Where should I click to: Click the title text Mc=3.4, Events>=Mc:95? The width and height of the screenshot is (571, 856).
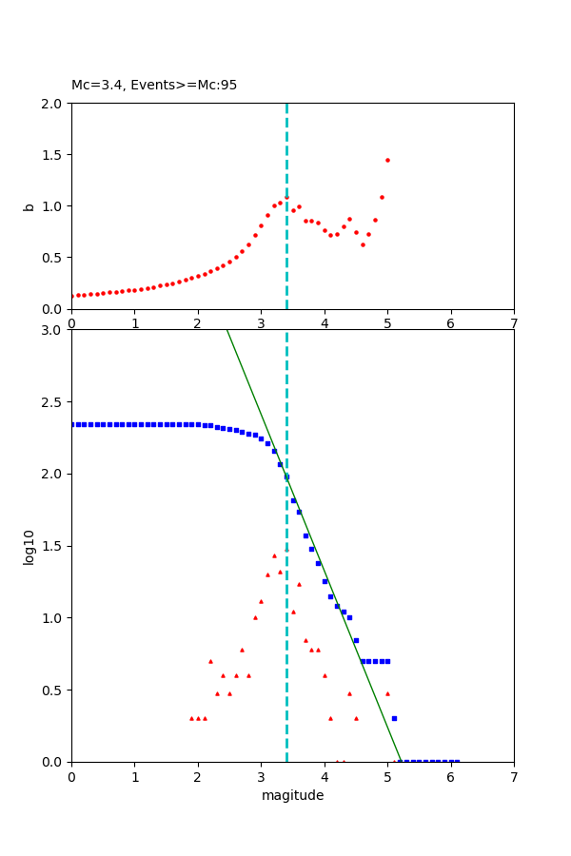point(154,86)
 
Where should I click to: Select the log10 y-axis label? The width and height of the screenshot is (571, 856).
point(30,547)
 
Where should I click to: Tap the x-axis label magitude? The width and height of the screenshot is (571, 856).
point(292,796)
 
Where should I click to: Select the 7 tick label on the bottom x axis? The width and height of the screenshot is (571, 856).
point(514,776)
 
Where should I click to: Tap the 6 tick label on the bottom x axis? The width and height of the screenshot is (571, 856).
point(450,776)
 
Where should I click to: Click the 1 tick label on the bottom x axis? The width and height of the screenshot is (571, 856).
point(134,776)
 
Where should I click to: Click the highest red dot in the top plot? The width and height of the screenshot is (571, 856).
point(387,160)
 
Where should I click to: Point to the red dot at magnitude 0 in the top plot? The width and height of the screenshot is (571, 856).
point(72,296)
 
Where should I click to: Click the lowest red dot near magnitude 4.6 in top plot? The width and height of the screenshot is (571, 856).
point(363,244)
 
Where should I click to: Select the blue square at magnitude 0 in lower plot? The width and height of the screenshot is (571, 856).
point(72,424)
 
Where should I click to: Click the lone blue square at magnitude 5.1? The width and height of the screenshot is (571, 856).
point(394,718)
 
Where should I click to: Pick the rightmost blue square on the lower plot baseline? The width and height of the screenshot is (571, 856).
point(457,761)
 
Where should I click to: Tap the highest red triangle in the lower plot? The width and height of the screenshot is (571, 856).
point(274,555)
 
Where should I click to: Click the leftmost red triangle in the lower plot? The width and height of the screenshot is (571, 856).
point(191,718)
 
